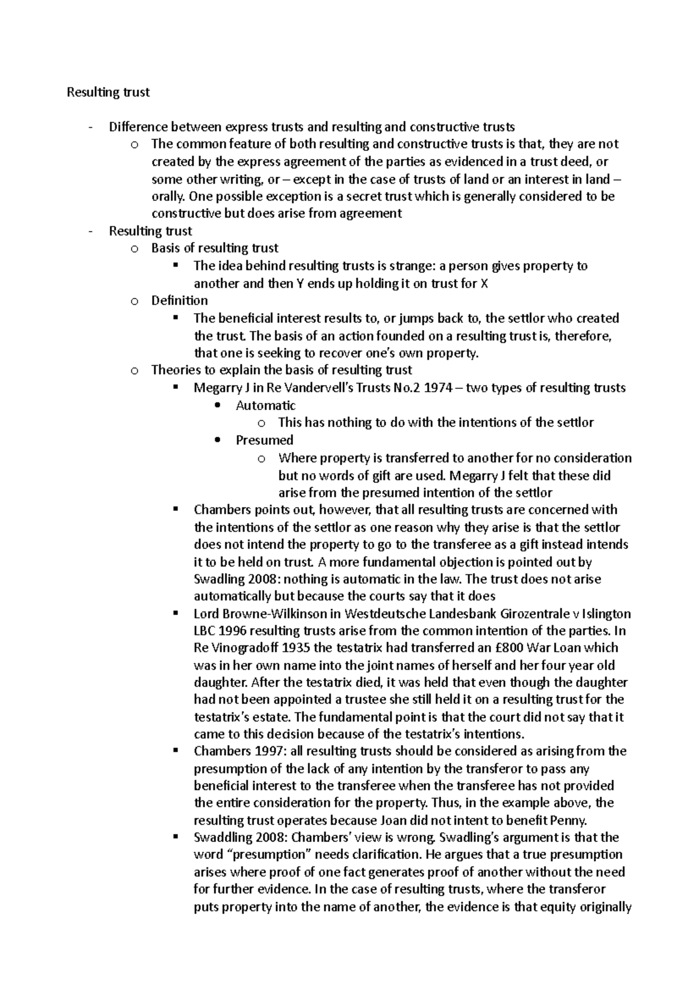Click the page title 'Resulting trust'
[x=108, y=92]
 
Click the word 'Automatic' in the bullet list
[x=266, y=405]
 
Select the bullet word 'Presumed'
[x=264, y=440]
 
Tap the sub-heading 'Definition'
[x=179, y=301]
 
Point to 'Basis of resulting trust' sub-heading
[x=215, y=248]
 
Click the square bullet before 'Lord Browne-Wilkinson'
[x=175, y=613]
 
